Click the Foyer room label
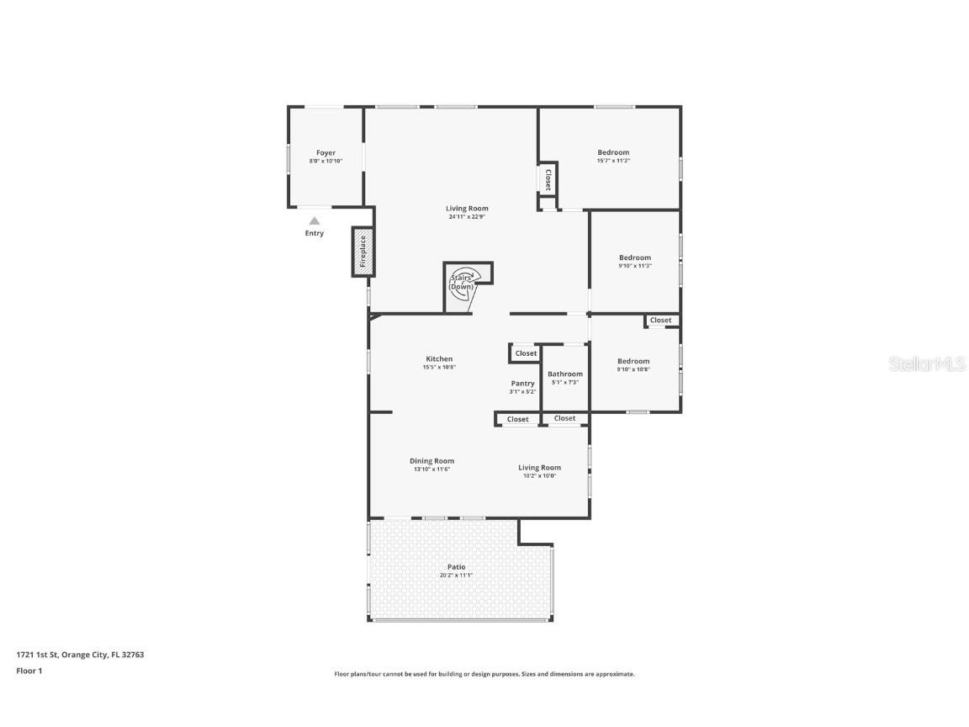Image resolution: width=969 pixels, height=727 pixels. (326, 153)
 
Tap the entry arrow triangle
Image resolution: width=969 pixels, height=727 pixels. (314, 221)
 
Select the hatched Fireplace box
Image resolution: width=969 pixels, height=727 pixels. (363, 252)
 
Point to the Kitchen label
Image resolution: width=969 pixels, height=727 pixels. (438, 359)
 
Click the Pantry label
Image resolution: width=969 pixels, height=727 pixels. (522, 384)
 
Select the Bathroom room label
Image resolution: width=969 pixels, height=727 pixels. (564, 374)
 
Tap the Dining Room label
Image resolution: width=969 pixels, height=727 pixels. (432, 461)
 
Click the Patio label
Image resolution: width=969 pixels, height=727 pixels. (456, 567)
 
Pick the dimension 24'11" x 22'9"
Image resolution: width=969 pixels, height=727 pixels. (467, 217)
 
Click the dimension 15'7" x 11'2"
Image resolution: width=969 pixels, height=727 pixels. (613, 161)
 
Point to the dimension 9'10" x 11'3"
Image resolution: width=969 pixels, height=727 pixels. (634, 266)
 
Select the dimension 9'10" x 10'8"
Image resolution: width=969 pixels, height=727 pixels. (633, 369)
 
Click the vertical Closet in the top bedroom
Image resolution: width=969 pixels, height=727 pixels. (548, 178)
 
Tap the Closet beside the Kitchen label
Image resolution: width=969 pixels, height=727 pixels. (526, 353)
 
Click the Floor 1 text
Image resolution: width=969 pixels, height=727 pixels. (29, 671)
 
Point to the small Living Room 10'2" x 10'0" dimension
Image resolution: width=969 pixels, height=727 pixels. (539, 476)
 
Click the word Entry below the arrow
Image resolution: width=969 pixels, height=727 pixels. (314, 234)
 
